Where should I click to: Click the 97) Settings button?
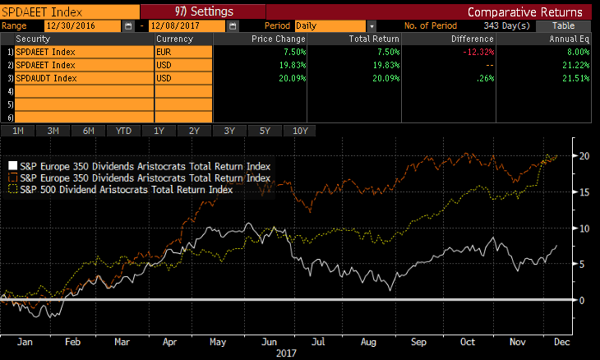point(204,12)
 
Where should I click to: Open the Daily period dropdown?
point(372,25)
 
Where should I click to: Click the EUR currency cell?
point(182,51)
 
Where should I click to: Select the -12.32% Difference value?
point(477,51)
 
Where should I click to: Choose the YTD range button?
point(124,131)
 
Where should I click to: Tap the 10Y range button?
point(299,131)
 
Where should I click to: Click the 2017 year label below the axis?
point(286,353)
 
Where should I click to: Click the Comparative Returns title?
point(524,12)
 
